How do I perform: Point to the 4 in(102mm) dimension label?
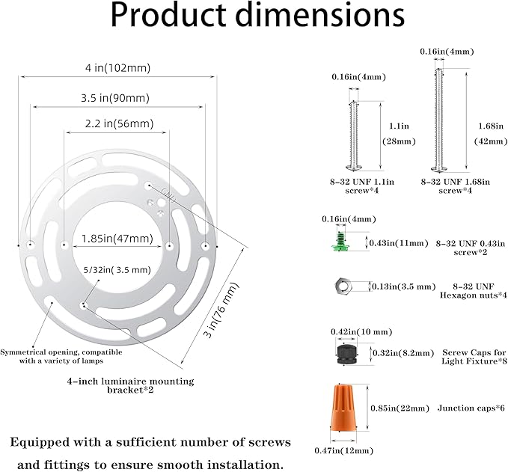[x=118, y=68]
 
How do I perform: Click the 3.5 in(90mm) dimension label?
[x=115, y=98]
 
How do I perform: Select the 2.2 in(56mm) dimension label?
[x=119, y=123]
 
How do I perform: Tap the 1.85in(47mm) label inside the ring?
[x=117, y=239]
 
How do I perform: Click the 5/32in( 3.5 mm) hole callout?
[x=117, y=269]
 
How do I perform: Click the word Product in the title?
[x=168, y=15]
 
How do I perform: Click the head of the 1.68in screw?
[x=439, y=169]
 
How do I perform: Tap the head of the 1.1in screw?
[x=354, y=167]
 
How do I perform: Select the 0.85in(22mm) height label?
[x=400, y=408]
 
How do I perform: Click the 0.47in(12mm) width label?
[x=343, y=450]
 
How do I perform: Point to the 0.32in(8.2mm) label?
[x=403, y=353]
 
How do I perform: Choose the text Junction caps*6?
[x=471, y=408]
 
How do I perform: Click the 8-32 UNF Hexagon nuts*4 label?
[x=473, y=290]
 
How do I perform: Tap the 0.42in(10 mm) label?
[x=361, y=331]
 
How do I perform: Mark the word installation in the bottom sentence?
[x=243, y=465]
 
